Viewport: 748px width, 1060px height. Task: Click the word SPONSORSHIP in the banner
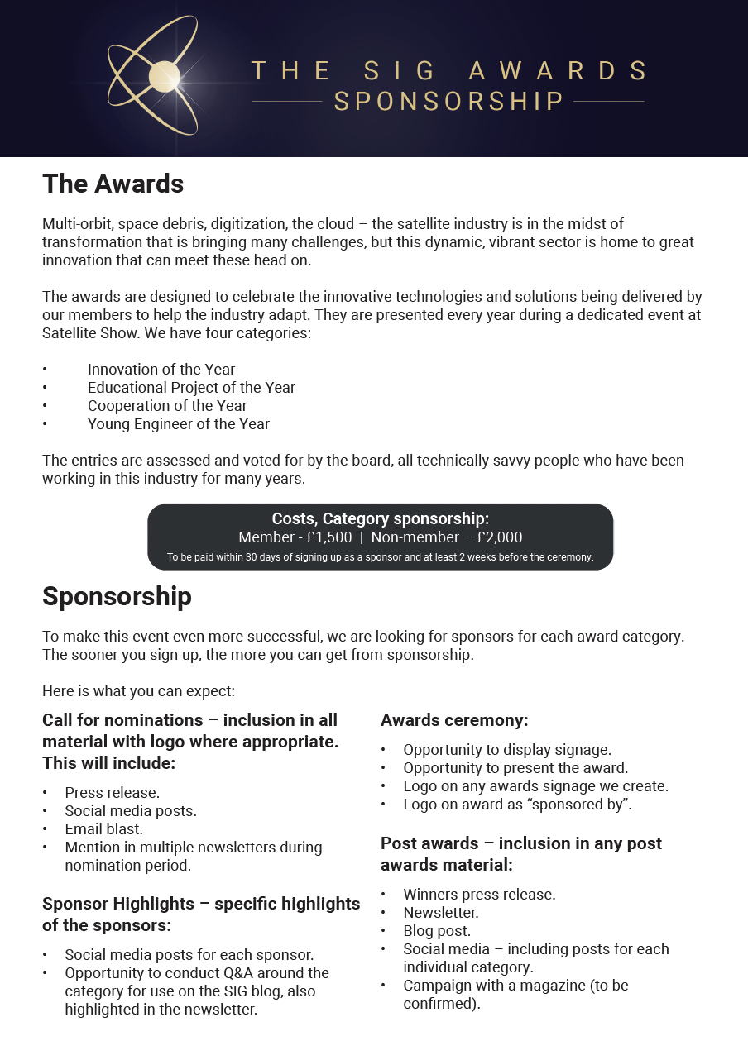448,102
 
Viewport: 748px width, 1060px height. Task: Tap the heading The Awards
113,184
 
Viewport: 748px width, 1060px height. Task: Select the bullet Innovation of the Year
161,370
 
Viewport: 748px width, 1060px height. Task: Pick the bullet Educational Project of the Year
191,388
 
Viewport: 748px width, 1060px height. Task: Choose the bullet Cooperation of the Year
167,406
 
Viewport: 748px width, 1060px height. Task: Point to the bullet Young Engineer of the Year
179,424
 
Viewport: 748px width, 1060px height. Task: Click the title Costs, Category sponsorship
381,518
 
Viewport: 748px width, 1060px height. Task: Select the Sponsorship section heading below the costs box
117,597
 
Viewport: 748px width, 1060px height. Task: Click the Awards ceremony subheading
454,720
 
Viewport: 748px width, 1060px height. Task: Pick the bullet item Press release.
112,793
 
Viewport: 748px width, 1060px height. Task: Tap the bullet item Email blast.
104,829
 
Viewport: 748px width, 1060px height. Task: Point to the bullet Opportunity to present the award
515,768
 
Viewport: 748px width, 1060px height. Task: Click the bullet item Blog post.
437,931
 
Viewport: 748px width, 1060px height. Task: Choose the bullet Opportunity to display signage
507,750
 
